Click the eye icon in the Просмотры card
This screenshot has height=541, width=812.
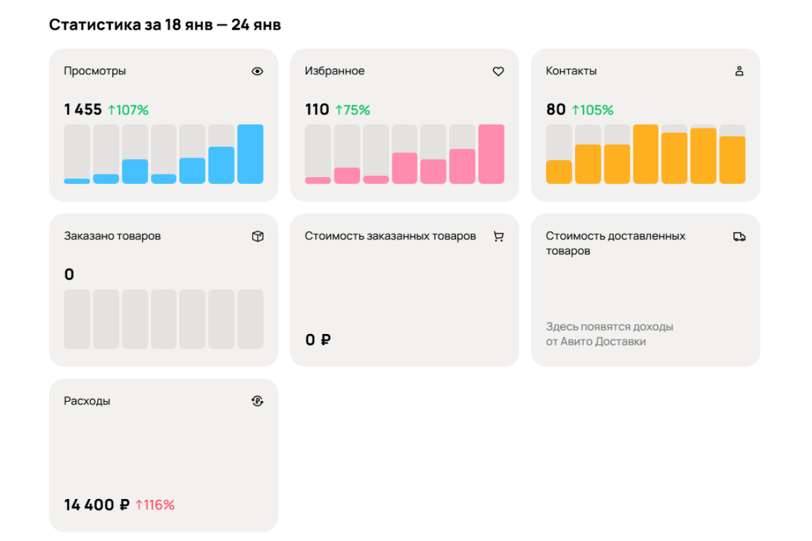[257, 72]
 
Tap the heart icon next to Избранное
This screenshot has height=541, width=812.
[499, 72]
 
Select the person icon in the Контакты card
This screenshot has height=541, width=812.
[739, 71]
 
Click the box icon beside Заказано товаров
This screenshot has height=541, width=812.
[258, 236]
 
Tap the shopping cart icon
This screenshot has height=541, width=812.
[499, 236]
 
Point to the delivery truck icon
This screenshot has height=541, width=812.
[739, 237]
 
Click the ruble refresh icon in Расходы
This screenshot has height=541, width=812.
[257, 401]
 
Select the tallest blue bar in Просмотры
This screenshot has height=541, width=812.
[250, 154]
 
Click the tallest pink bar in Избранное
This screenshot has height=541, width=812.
[491, 154]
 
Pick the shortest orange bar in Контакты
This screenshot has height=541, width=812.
[559, 172]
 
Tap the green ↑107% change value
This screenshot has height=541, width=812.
[129, 110]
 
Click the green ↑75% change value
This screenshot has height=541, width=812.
[353, 110]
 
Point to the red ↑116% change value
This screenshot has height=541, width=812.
[155, 504]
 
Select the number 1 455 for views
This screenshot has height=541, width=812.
[83, 110]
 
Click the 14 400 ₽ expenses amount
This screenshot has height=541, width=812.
[97, 504]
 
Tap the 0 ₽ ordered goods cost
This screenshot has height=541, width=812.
[318, 340]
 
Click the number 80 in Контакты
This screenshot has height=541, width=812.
[556, 110]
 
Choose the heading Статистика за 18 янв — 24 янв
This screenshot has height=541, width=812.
[165, 25]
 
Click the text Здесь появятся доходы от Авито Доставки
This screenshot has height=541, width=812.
[610, 334]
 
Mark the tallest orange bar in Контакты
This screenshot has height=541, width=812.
[646, 154]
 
